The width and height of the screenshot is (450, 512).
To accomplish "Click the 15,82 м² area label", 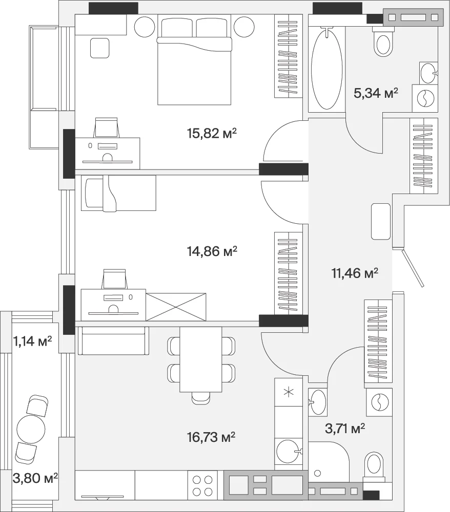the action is point(212,133).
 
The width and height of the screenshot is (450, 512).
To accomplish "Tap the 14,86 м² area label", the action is point(212,251).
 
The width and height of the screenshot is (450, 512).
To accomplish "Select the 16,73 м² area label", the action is point(211,437).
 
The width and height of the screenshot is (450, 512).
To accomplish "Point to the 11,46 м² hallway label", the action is point(355,273).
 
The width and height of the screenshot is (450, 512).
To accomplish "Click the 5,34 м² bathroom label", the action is point(376,93).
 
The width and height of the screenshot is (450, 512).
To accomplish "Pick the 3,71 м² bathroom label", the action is point(345,428).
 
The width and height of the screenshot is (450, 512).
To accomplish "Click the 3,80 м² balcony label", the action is point(35,478).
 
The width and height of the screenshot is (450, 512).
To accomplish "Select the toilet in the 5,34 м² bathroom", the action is point(383,41).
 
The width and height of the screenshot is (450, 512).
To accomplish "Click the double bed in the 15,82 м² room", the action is point(194,60).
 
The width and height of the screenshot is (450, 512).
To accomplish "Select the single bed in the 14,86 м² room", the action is point(118,193).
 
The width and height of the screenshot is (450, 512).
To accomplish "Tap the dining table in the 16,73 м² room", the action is point(201,359).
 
